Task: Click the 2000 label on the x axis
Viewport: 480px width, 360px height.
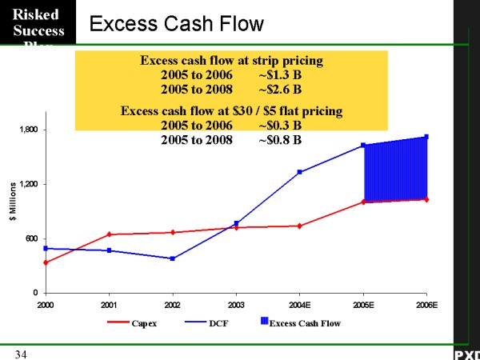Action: click(46, 305)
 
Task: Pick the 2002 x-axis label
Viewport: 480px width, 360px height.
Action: click(172, 305)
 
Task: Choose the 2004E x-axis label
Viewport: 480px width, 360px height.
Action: click(298, 305)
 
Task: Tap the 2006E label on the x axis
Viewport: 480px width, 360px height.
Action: click(426, 305)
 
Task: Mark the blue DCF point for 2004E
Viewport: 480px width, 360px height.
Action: click(300, 172)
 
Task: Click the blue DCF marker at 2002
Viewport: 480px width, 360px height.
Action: click(173, 258)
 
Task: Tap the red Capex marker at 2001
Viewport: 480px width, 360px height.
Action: click(109, 234)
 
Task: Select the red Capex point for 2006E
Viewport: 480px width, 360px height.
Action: click(426, 199)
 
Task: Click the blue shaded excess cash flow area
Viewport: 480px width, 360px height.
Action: click(395, 170)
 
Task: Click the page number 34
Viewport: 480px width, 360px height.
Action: click(20, 354)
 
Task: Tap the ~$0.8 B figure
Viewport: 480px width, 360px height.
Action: click(280, 140)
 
